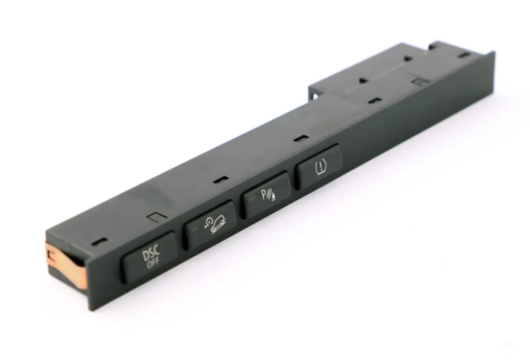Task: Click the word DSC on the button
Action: [151, 255]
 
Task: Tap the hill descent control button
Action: [210, 224]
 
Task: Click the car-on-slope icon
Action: [217, 225]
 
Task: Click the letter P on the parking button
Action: [263, 195]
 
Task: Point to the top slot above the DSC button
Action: [101, 241]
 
